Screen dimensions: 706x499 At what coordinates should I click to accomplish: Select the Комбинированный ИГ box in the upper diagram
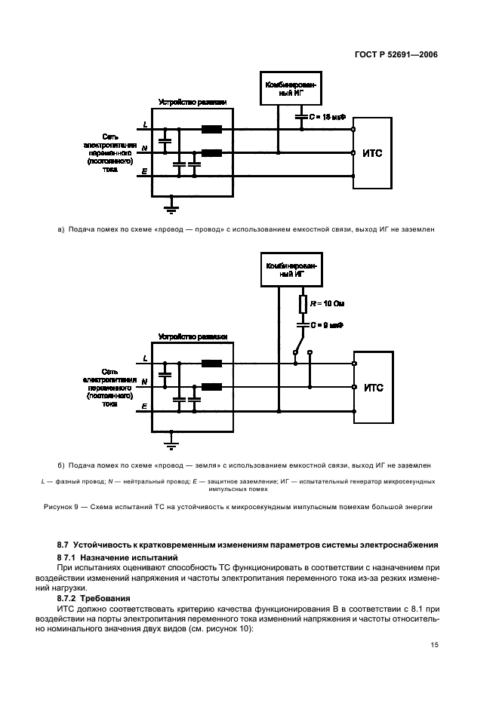[x=289, y=90]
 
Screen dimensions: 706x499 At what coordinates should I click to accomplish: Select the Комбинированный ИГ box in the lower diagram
[x=289, y=271]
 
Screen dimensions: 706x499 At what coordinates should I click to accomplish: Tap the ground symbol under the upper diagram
[x=172, y=203]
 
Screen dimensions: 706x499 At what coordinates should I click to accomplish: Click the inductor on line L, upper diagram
[x=212, y=129]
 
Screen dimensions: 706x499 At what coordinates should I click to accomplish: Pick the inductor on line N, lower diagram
[x=212, y=388]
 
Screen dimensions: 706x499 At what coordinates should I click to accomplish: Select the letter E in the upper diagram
[x=144, y=173]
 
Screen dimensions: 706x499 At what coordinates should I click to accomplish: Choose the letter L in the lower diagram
[x=144, y=358]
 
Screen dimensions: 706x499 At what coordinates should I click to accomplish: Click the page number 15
[x=433, y=644]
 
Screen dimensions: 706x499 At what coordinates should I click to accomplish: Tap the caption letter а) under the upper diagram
[x=60, y=227]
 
